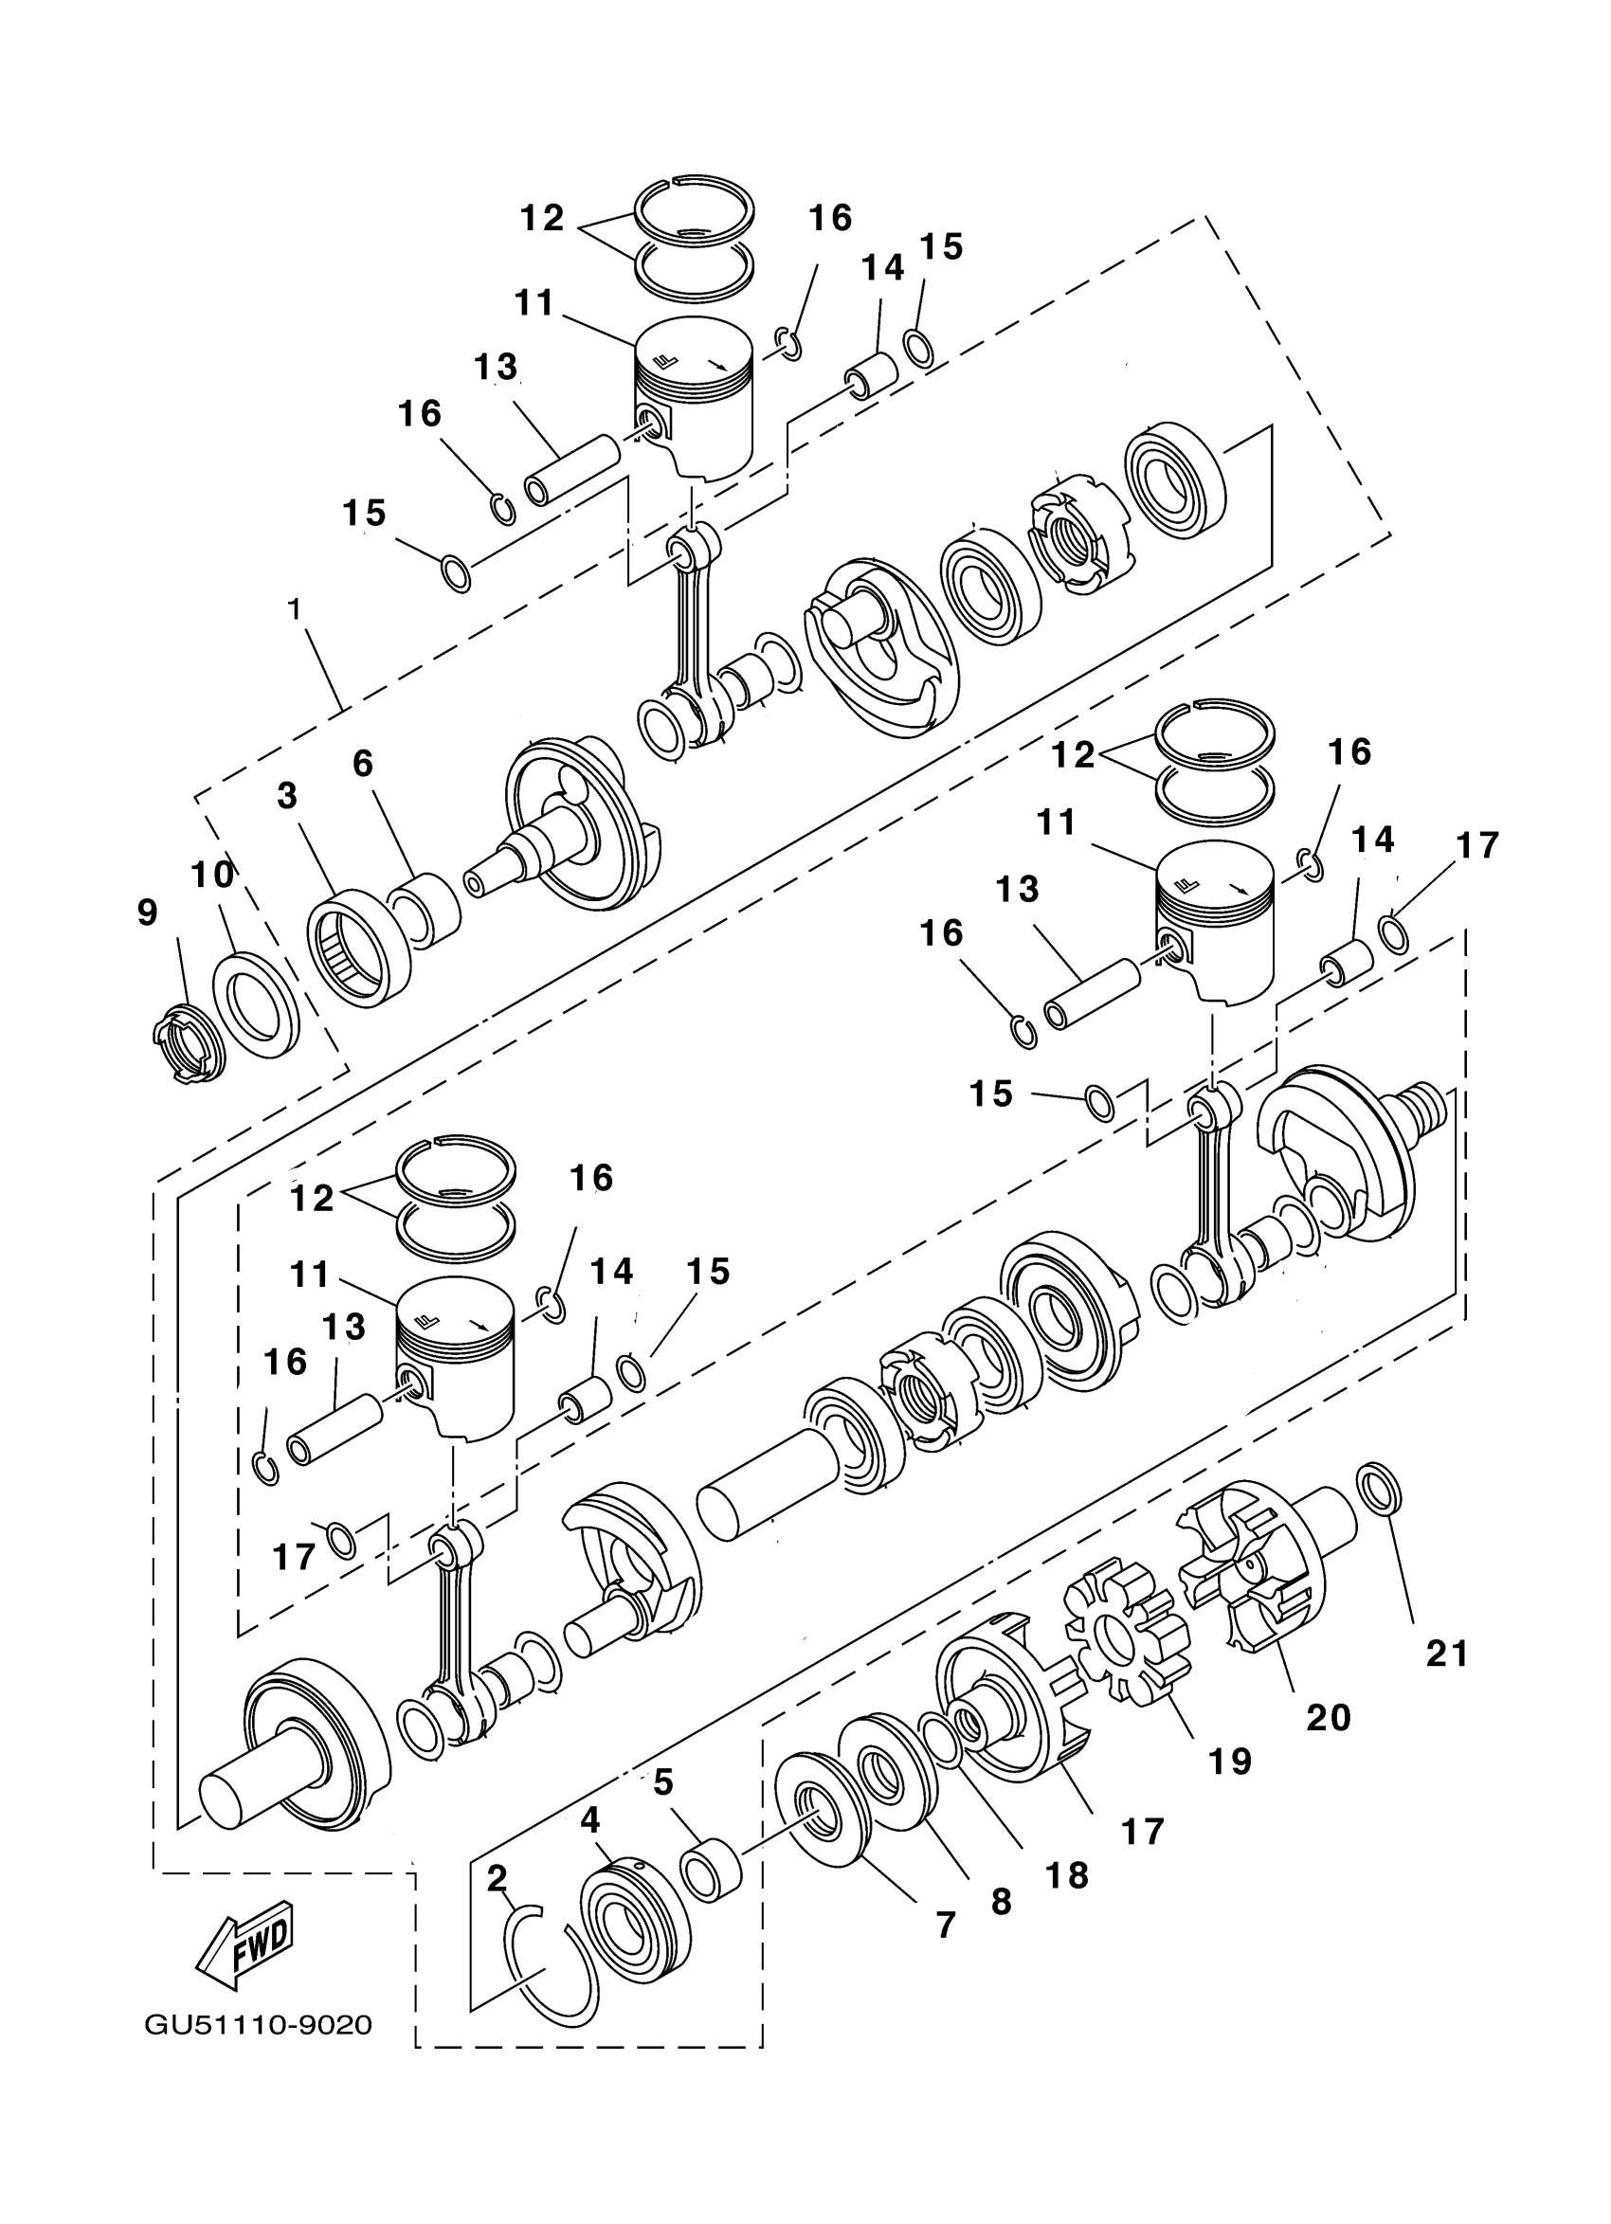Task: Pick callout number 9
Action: click(147, 913)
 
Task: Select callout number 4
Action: click(589, 1820)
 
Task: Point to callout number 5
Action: click(663, 1782)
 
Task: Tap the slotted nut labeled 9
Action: click(189, 1046)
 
